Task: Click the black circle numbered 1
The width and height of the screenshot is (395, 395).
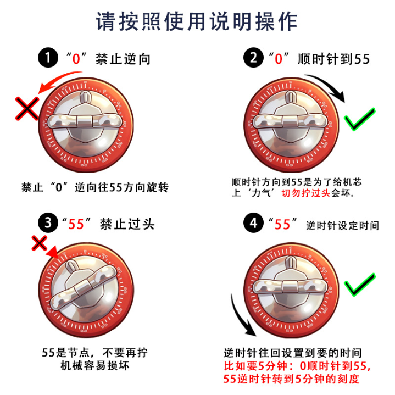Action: [48, 58]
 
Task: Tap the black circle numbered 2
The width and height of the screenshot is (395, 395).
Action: [253, 58]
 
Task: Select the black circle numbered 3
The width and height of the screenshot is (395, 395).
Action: [48, 222]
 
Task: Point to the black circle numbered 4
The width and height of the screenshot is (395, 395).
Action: [253, 222]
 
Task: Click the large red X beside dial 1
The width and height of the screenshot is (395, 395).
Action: [27, 109]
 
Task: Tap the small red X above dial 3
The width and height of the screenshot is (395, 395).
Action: [40, 243]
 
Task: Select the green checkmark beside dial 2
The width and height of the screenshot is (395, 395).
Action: [360, 119]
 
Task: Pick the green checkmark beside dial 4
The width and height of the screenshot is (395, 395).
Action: [360, 284]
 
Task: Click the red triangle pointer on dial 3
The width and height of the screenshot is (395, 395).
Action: [53, 253]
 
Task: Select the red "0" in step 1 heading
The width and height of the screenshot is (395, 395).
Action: [76, 59]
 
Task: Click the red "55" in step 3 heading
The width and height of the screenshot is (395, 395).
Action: [76, 224]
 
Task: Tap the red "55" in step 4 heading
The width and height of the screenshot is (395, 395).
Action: [282, 224]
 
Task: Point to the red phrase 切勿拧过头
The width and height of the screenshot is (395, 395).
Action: [306, 193]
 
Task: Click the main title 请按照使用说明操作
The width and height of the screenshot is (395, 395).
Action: [197, 21]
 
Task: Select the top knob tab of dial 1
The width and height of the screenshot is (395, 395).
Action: [85, 97]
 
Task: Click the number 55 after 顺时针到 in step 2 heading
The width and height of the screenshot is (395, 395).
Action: [362, 59]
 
